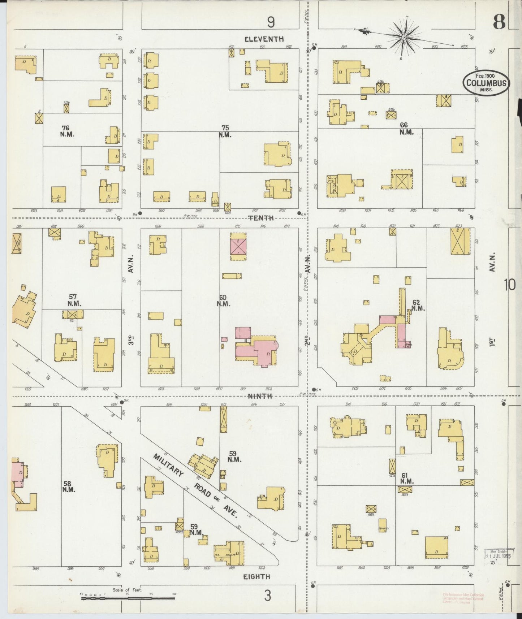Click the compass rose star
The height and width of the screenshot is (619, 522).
click(x=404, y=36)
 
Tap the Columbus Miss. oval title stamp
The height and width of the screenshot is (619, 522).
click(x=486, y=83)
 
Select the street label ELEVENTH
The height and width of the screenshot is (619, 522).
click(x=264, y=39)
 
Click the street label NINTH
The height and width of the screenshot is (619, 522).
click(x=260, y=396)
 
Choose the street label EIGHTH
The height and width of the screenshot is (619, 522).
click(x=256, y=577)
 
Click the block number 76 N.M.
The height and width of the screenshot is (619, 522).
click(x=65, y=131)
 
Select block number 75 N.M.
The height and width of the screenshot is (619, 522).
click(x=225, y=131)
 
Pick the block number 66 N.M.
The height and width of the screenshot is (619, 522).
click(x=406, y=128)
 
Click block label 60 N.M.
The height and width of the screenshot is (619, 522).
click(x=223, y=300)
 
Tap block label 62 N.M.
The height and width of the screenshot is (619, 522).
click(x=417, y=305)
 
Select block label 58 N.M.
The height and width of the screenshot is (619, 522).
click(x=68, y=486)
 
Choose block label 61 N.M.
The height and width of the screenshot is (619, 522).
click(x=407, y=478)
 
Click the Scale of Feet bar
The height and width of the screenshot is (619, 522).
click(x=128, y=598)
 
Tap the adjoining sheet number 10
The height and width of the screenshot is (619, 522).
click(x=510, y=285)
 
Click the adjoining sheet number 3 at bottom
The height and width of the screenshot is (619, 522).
click(x=267, y=596)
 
